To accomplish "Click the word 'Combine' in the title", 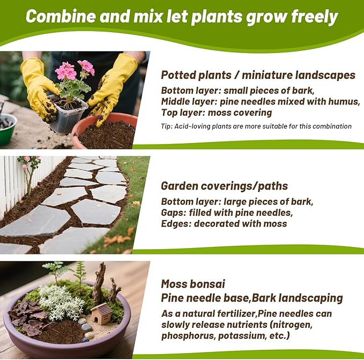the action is [61, 16].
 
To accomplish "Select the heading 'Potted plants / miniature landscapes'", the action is [258, 75].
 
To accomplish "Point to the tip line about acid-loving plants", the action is [256, 126].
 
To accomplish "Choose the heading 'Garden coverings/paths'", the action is [224, 186].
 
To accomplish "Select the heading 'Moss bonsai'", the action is [193, 284].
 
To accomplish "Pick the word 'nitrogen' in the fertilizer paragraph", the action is [293, 325].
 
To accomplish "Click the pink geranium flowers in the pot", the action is [75, 69].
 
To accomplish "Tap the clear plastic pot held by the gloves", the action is [68, 115].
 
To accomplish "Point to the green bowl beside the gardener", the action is [8, 129].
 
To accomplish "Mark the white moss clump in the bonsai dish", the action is [61, 302].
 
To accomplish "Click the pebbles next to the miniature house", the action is [86, 329].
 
